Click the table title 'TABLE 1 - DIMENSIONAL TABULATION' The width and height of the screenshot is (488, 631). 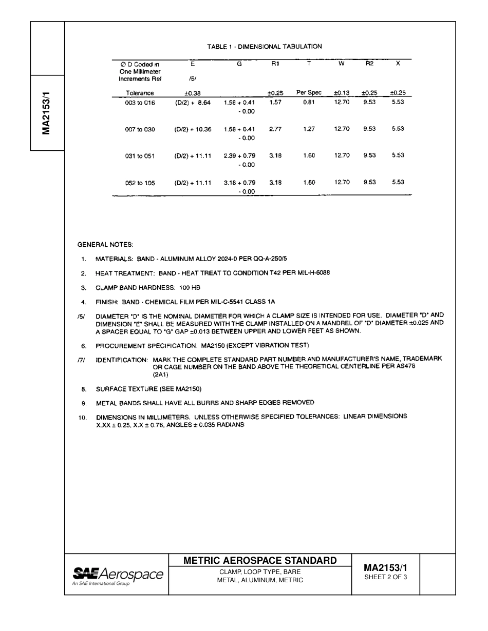tap(265, 47)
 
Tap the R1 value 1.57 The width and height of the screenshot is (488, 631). tap(275, 102)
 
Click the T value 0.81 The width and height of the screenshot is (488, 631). tap(309, 102)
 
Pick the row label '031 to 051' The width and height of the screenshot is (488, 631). tap(140, 156)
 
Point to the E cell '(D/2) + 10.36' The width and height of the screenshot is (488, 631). tap(193, 129)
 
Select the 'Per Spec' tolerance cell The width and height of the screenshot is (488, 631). tap(309, 93)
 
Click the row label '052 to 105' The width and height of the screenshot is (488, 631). tap(140, 183)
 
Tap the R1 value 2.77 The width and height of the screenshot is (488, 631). tap(275, 129)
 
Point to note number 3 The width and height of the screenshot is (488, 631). tap(83, 288)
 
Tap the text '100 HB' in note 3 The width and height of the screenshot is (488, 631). tap(190, 288)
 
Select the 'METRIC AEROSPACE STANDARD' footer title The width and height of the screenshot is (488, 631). tap(260, 561)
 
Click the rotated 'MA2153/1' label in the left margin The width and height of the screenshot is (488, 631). tap(46, 113)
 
